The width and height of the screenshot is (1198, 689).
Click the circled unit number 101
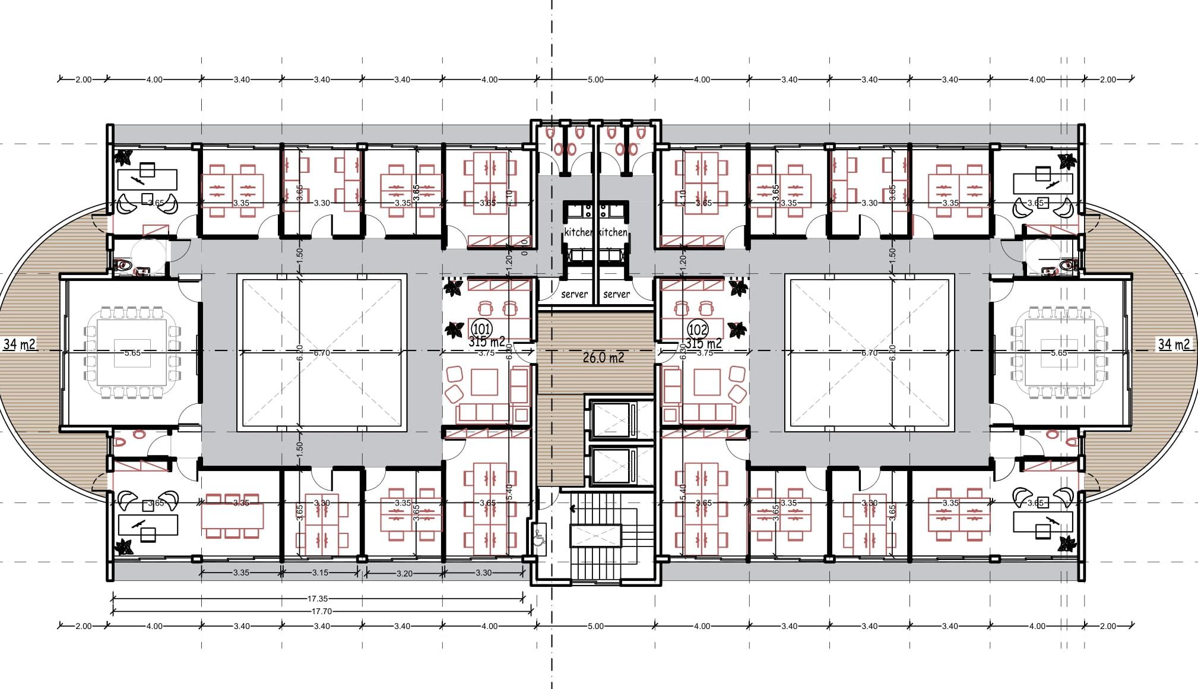[x=481, y=329]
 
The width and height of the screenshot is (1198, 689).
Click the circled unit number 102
[x=698, y=329]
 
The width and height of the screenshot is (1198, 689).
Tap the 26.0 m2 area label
[x=603, y=358]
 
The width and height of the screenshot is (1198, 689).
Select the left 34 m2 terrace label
[x=19, y=344]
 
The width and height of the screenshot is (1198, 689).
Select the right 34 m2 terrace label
[x=1174, y=344]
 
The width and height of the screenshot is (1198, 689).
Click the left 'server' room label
[x=574, y=294]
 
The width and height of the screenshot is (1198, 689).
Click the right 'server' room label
[x=616, y=294]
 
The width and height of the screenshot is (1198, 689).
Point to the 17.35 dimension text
[x=318, y=599]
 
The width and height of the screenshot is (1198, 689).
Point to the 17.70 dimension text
[x=321, y=611]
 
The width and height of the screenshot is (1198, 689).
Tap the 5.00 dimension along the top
[x=595, y=80]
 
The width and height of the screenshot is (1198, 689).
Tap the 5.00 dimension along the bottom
[x=595, y=626]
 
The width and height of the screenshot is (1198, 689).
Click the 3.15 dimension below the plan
[x=320, y=573]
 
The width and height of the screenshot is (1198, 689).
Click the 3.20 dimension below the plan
[x=404, y=573]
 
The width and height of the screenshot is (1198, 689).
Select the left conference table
[x=132, y=353]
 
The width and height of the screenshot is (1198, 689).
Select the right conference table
[x=1058, y=353]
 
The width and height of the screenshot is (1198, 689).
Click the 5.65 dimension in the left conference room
[x=132, y=353]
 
